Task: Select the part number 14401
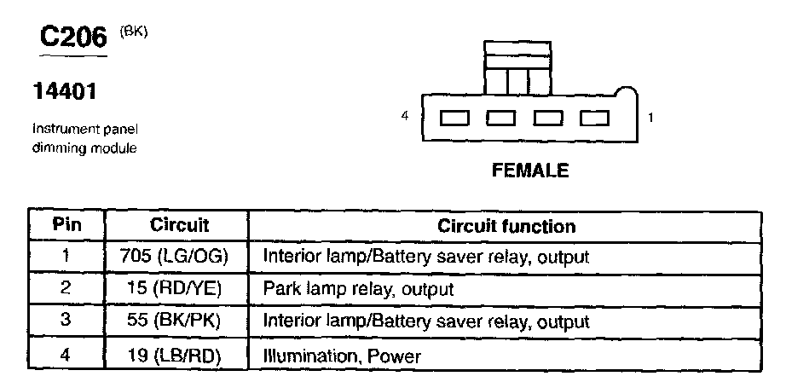(x=63, y=90)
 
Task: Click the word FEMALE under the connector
(x=530, y=171)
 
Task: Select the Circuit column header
(x=180, y=226)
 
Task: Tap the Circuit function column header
(x=506, y=226)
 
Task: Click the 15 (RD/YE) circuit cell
(x=180, y=289)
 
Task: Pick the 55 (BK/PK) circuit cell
(x=180, y=321)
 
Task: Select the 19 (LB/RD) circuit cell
(x=180, y=354)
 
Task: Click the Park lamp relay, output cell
(x=358, y=289)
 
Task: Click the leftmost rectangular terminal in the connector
(x=453, y=118)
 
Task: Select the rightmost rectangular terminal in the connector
(x=592, y=118)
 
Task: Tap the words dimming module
(x=84, y=148)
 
